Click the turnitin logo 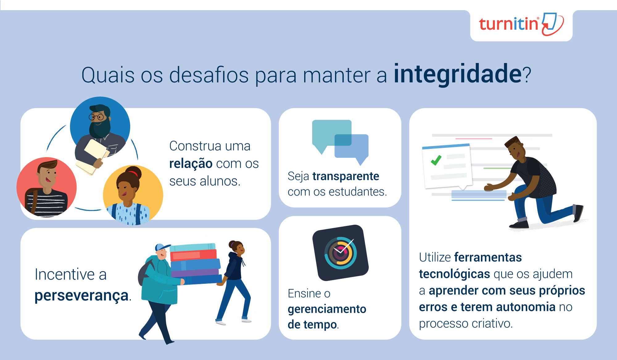click(521, 24)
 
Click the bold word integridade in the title click(458, 74)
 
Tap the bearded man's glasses click(97, 117)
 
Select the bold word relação click(191, 164)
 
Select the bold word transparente click(346, 176)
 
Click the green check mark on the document click(436, 160)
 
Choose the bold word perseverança click(81, 296)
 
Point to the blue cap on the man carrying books click(162, 247)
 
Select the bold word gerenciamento click(327, 309)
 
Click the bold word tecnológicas click(454, 274)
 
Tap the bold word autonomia click(526, 307)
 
